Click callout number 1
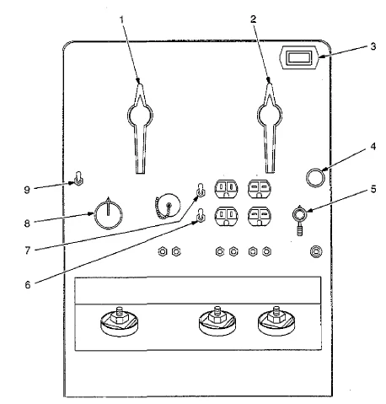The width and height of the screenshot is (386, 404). pos(121,19)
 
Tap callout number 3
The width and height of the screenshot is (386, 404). pos(373,46)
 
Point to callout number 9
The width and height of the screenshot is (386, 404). pos(27,190)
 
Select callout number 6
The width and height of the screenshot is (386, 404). pos(28,285)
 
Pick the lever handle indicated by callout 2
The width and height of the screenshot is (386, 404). pos(270,127)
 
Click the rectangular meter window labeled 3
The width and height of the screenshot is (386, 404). pos(299,57)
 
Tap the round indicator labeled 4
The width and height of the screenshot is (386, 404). pos(315,177)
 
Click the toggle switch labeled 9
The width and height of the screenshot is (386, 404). pos(79,178)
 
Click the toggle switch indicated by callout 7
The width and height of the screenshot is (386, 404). pos(201,191)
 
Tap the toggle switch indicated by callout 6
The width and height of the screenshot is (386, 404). pos(201,215)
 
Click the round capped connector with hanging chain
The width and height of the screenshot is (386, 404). pos(167,206)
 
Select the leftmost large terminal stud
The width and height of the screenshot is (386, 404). pos(120,321)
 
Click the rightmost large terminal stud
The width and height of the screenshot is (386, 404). pos(276,321)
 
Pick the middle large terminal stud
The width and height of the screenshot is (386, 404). pos(217,321)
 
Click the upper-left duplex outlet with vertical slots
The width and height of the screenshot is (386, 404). pos(226,189)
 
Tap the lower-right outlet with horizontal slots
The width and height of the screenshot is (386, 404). pos(259,216)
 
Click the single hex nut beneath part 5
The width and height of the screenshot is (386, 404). pos(316,251)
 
